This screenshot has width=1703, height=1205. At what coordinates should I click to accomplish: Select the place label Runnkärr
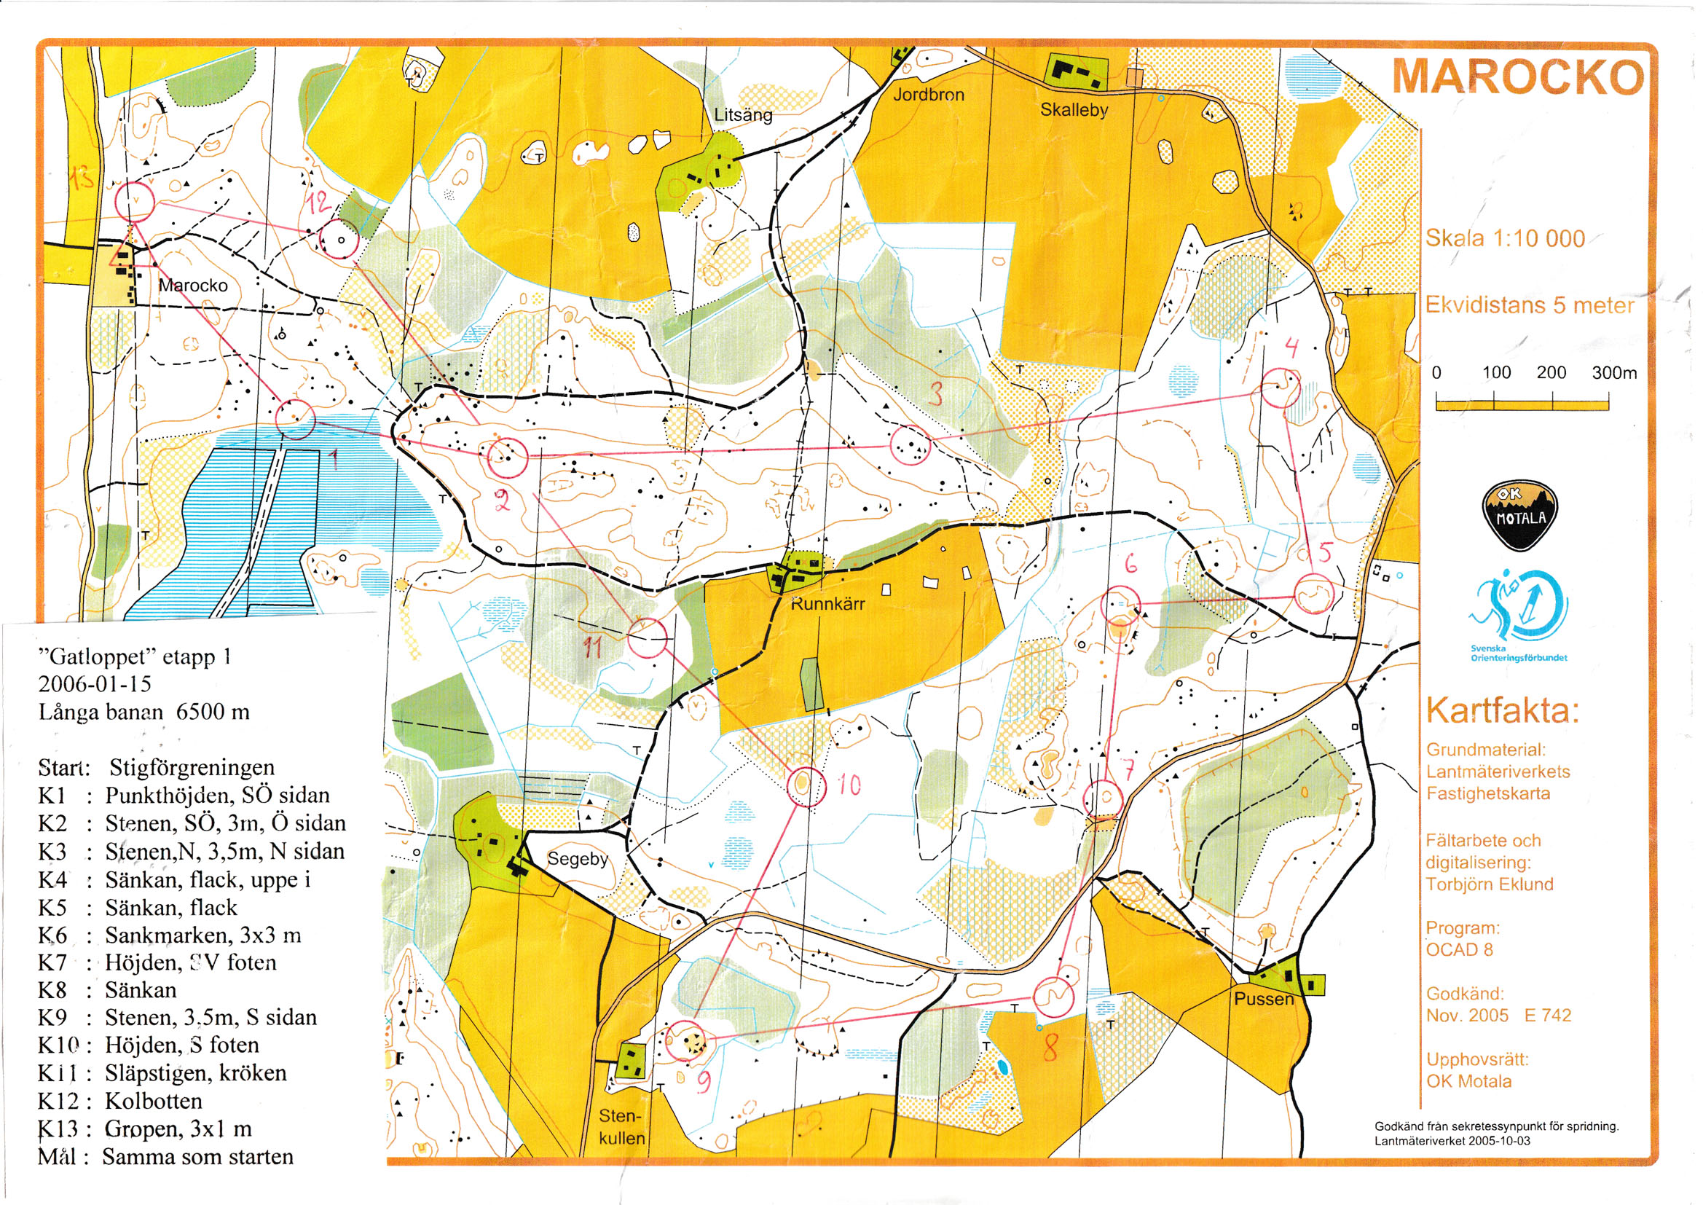coord(827,603)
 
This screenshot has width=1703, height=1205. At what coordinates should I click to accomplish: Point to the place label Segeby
coord(577,858)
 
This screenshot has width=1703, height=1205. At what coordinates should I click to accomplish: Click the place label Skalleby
coord(1073,110)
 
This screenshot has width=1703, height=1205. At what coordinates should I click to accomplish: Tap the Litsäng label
coord(742,115)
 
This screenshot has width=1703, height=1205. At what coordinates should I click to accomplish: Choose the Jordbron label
coord(928,94)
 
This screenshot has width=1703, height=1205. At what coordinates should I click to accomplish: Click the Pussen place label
coord(1263,999)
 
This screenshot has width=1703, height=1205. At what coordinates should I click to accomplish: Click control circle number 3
coord(909,445)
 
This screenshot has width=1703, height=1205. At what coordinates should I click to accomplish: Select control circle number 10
coord(806,787)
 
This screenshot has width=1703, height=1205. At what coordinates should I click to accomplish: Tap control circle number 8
coord(1053,997)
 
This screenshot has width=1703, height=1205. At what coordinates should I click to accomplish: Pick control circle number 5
coord(1313,594)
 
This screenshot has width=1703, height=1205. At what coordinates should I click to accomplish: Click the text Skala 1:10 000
coord(1504,238)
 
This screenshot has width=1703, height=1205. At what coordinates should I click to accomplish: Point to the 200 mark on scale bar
coord(1551,372)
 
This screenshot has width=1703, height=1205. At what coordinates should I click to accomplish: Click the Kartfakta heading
coord(1502,710)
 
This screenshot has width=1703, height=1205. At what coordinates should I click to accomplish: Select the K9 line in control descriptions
coord(178,1016)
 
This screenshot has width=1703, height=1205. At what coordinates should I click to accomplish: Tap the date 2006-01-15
coord(94,683)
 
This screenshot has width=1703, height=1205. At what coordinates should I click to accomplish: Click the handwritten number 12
coord(319,201)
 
